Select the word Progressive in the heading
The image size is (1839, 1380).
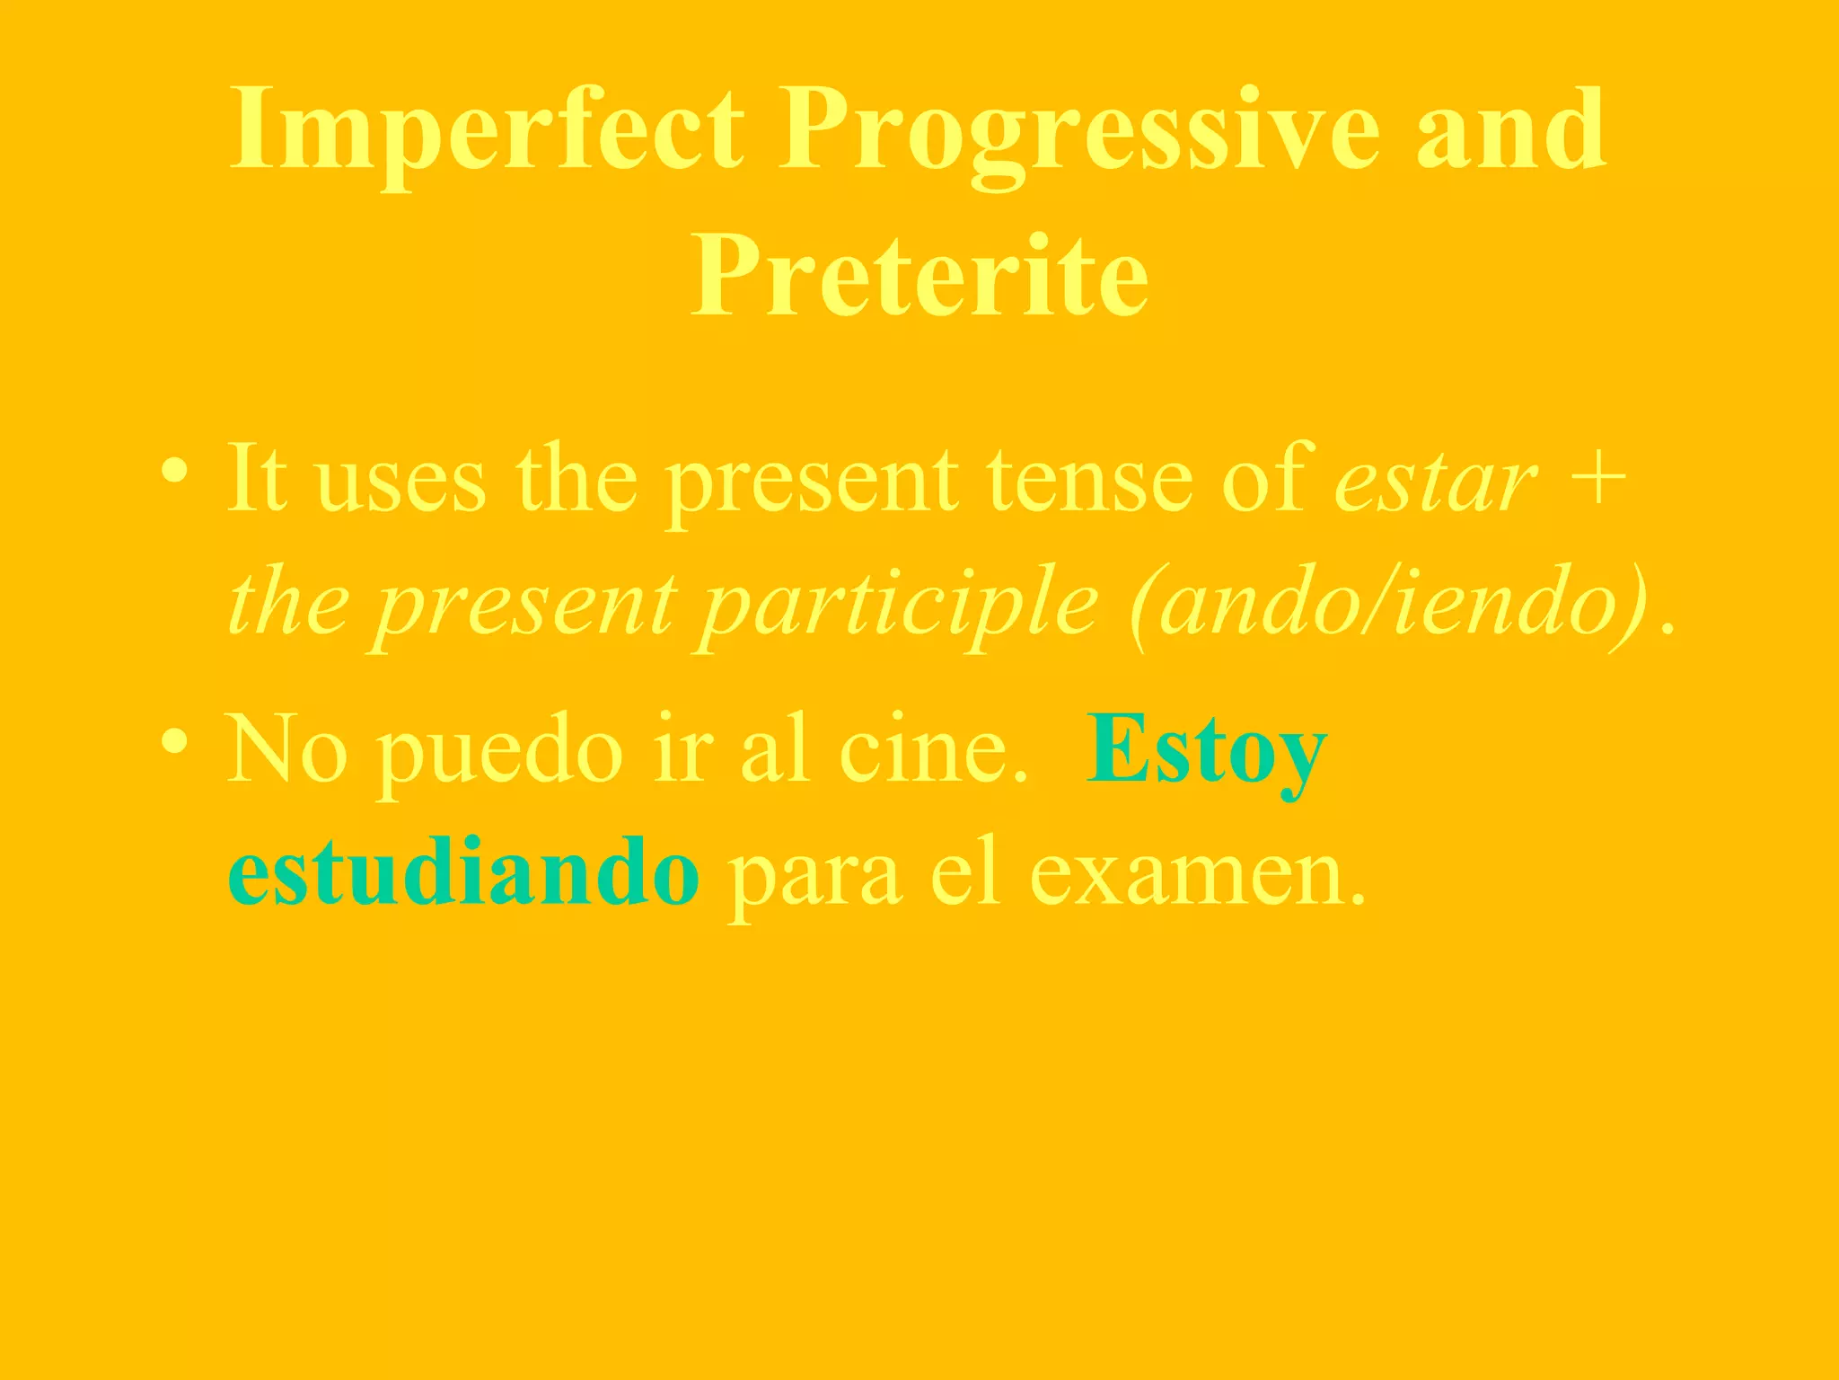point(1078,130)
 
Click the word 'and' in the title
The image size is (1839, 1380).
point(1511,130)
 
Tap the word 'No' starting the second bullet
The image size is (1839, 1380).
point(286,749)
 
